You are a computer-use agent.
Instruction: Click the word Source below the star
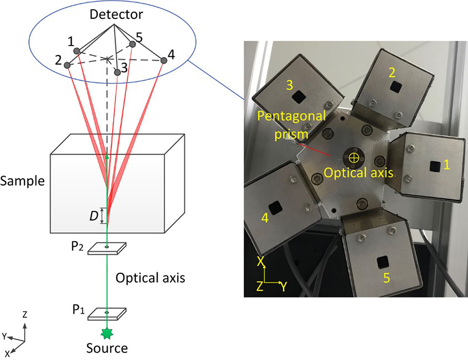pyautogui.click(x=107, y=349)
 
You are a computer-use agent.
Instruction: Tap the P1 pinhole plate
pyautogui.click(x=107, y=313)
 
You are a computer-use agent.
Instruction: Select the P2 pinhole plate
pyautogui.click(x=107, y=248)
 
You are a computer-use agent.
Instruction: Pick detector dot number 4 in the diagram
pyautogui.click(x=164, y=60)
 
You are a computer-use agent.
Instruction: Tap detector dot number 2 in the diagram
pyautogui.click(x=68, y=65)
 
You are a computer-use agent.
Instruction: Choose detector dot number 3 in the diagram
pyautogui.click(x=117, y=72)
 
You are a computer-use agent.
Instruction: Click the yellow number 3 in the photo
pyautogui.click(x=289, y=84)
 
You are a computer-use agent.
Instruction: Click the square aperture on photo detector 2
pyautogui.click(x=395, y=86)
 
